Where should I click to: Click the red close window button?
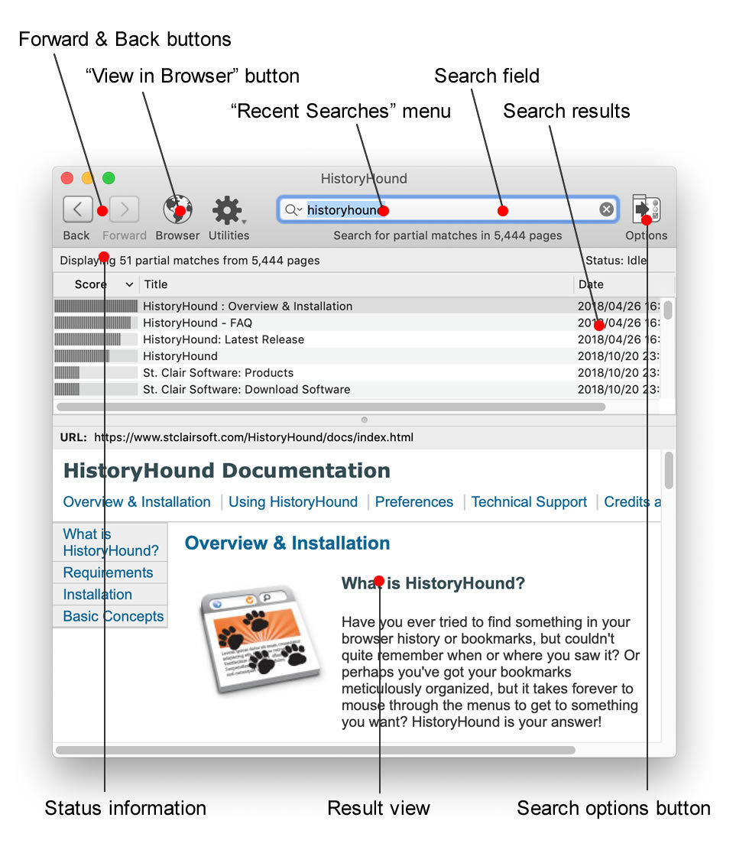point(67,178)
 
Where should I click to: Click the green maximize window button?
point(109,178)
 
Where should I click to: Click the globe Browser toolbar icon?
point(177,209)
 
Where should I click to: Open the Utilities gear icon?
point(227,209)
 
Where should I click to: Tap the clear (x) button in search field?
point(606,209)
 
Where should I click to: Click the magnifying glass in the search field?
point(291,209)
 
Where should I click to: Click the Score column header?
point(92,284)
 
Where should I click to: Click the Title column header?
point(156,284)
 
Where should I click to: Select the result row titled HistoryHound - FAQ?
point(197,323)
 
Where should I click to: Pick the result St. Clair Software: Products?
point(218,373)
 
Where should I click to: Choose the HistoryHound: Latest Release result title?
point(223,339)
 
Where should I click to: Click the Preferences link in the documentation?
point(414,502)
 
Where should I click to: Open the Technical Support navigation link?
point(529,502)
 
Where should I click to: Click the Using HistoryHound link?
point(293,502)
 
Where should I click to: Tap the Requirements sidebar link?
point(108,573)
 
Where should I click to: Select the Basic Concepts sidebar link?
point(113,616)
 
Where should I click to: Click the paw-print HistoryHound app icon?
point(257,636)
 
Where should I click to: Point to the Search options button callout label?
point(614,808)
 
